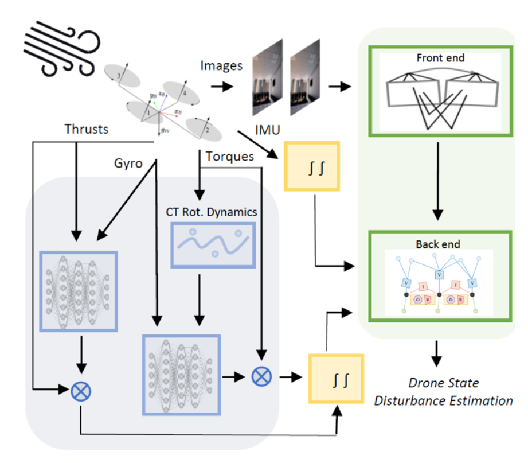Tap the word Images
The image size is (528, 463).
pyautogui.click(x=221, y=66)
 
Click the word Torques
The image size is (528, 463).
pyautogui.click(x=229, y=156)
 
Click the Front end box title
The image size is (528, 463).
pyautogui.click(x=440, y=58)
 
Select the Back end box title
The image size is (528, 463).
pyautogui.click(x=437, y=244)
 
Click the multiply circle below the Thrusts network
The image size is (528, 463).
pyautogui.click(x=81, y=392)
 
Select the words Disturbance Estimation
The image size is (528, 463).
pyautogui.click(x=443, y=400)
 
